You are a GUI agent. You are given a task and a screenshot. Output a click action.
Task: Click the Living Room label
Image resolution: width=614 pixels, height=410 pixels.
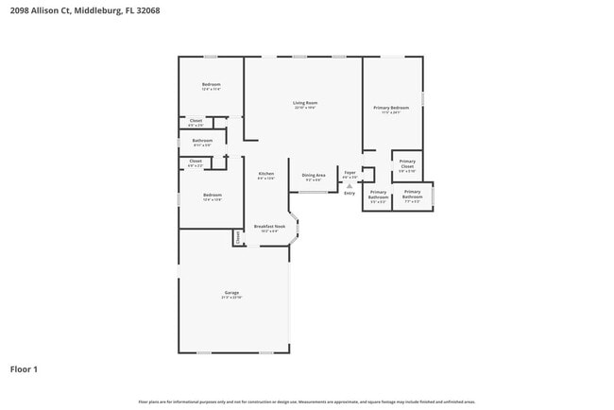point(304,103)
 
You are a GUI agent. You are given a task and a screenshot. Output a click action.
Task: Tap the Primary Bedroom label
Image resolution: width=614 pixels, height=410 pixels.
point(390,108)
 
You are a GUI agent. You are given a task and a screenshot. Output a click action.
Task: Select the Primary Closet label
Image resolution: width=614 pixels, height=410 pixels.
point(406,162)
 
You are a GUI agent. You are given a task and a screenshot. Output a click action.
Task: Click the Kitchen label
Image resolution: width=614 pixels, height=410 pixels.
point(266,174)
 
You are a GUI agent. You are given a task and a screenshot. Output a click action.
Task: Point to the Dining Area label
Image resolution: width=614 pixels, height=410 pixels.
point(314,176)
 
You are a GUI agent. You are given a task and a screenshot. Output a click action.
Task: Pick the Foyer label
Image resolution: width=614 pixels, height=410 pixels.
point(350,173)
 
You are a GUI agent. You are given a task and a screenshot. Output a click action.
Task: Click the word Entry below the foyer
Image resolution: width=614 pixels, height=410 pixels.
point(350,193)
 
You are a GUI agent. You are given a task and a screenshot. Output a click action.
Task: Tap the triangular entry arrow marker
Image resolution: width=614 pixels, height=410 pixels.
point(350,186)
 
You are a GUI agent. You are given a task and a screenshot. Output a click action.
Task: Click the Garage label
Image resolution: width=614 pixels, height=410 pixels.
point(231,292)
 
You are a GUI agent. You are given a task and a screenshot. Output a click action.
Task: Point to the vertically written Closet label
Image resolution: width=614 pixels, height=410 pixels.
point(237,238)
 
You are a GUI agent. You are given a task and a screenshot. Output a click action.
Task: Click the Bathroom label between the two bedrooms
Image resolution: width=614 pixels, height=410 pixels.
point(202,141)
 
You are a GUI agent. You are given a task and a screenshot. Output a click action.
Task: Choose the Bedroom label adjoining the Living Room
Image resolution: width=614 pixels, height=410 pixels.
point(211,86)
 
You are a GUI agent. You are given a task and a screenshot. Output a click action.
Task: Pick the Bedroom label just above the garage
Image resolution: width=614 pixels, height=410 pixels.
point(212,195)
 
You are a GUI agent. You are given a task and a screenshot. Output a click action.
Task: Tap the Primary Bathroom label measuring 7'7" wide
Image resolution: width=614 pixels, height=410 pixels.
point(413,196)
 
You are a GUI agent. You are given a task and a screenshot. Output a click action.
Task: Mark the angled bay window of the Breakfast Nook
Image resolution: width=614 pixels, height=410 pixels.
point(297,229)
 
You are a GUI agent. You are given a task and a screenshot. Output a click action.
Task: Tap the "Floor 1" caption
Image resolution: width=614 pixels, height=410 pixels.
point(24,368)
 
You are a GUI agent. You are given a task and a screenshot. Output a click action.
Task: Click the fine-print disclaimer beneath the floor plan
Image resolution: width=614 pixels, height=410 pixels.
point(306,401)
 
